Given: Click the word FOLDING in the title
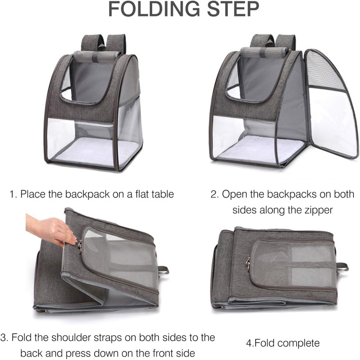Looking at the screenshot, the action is (154, 9).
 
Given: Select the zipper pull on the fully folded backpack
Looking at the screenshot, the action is (248, 263).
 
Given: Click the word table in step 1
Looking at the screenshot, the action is (163, 194).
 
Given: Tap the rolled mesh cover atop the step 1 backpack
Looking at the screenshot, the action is (97, 57).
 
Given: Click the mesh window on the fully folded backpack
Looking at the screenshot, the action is (293, 264).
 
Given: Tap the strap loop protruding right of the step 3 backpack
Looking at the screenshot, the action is (164, 271).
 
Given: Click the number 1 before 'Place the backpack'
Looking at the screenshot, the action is (12, 194).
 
